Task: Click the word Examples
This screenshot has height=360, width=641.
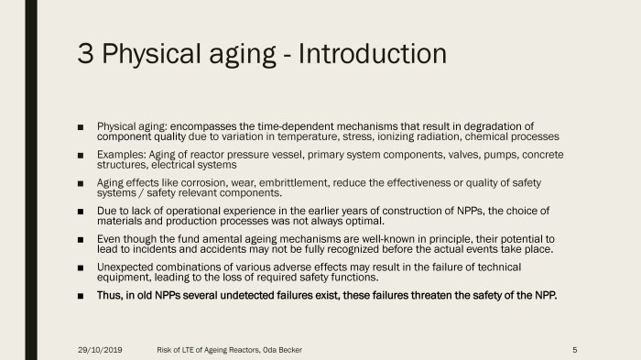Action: pyautogui.click(x=121, y=154)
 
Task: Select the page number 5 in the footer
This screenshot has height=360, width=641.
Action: pyautogui.click(x=573, y=349)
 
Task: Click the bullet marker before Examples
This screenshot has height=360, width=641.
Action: pyautogui.click(x=82, y=155)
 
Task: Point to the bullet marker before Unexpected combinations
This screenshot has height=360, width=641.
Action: pyautogui.click(x=82, y=267)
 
